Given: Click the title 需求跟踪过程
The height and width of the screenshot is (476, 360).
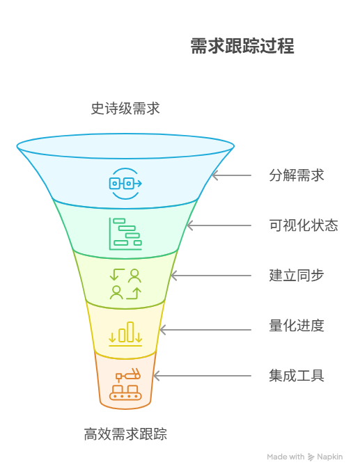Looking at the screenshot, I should click(x=242, y=47).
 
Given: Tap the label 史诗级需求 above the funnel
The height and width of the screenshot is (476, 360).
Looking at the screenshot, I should click(x=125, y=109).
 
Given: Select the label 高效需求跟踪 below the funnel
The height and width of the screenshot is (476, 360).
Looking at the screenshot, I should click(x=125, y=435).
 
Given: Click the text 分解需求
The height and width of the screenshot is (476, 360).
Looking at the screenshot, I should click(x=297, y=175).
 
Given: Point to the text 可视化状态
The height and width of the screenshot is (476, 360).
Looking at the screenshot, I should click(x=304, y=225).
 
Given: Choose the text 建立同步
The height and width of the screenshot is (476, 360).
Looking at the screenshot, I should click(x=297, y=276).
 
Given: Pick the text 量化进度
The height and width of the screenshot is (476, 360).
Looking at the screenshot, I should click(x=297, y=326).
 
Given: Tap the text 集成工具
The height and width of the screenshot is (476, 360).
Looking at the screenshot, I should click(x=297, y=376).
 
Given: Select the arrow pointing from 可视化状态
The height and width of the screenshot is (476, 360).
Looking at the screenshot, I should click(x=219, y=225).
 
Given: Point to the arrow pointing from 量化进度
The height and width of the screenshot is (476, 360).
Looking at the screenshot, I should click(x=205, y=326).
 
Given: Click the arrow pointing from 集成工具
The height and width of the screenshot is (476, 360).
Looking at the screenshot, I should click(x=202, y=376).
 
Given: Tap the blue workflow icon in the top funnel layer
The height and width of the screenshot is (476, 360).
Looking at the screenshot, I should click(x=125, y=183).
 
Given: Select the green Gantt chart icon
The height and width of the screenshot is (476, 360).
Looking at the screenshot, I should click(x=125, y=233).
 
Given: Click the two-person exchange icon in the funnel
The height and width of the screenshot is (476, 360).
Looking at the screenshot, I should click(x=125, y=283).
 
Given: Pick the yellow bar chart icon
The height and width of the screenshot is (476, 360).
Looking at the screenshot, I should click(x=125, y=333).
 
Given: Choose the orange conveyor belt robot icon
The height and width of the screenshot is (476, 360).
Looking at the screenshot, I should click(x=125, y=384).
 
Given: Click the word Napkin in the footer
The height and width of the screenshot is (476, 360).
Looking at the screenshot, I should click(x=331, y=457).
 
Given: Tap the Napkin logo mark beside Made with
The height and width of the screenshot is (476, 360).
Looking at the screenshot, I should click(x=311, y=457).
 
